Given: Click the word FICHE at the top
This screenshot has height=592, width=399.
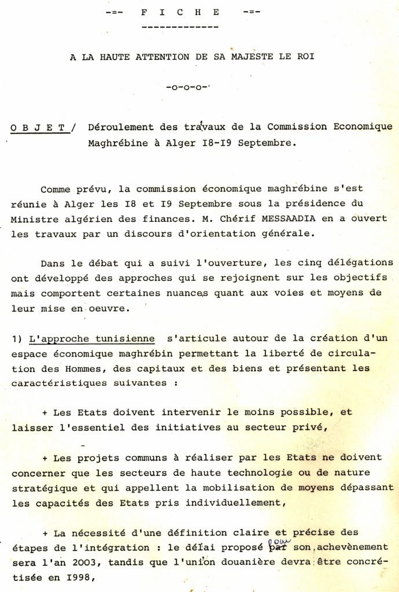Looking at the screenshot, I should (180, 12).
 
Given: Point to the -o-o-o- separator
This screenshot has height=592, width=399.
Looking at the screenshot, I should (186, 88).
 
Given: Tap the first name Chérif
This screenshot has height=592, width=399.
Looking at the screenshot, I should (224, 219).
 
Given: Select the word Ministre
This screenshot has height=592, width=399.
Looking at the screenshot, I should (35, 219).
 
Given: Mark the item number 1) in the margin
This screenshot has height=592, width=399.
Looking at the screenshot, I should (16, 339).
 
